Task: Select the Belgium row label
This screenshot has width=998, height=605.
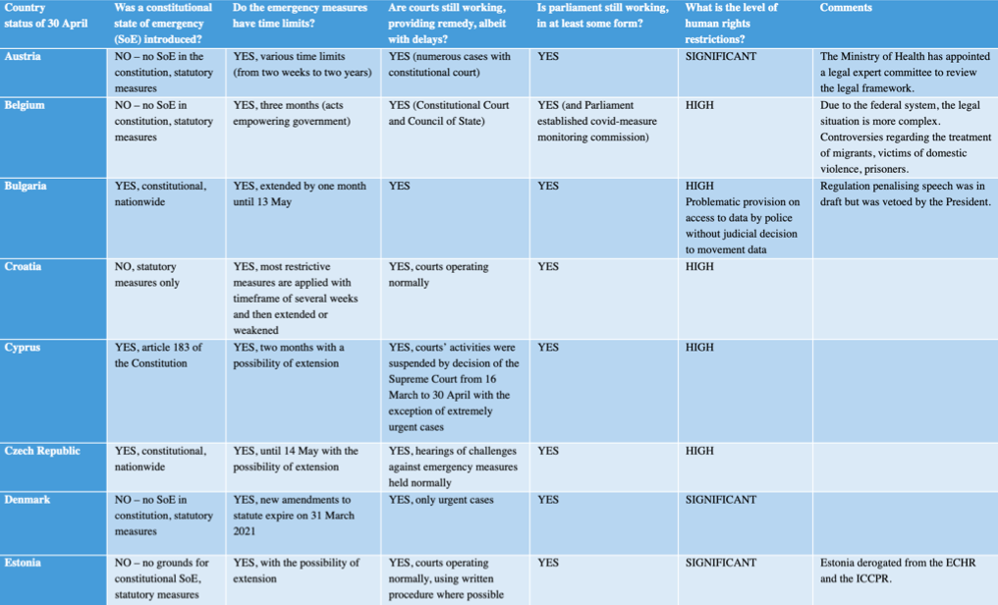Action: [x=25, y=105]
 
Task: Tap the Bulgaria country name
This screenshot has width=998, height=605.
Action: [x=27, y=186]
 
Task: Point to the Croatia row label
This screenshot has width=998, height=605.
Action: [x=24, y=267]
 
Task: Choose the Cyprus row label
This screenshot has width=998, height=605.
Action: [x=23, y=348]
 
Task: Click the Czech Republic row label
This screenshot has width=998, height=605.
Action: [x=42, y=451]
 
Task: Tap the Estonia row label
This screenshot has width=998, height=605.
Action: [x=25, y=563]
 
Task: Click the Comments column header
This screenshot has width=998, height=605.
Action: [x=846, y=8]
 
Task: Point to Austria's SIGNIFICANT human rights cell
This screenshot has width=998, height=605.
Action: [x=721, y=57]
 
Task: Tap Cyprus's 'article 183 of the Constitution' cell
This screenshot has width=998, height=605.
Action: [x=159, y=356]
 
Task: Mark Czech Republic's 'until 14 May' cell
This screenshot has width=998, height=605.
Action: [x=296, y=459]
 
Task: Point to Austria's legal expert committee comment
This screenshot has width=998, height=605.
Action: [x=904, y=73]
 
